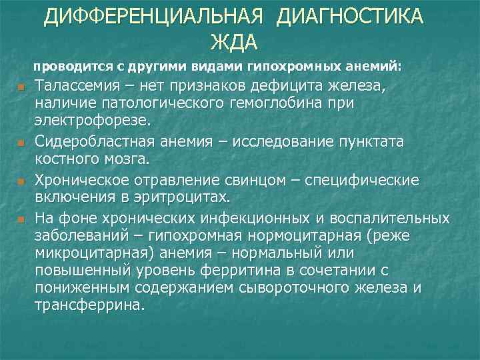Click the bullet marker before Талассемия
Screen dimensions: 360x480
point(22,88)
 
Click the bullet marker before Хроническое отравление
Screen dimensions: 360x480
point(22,182)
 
